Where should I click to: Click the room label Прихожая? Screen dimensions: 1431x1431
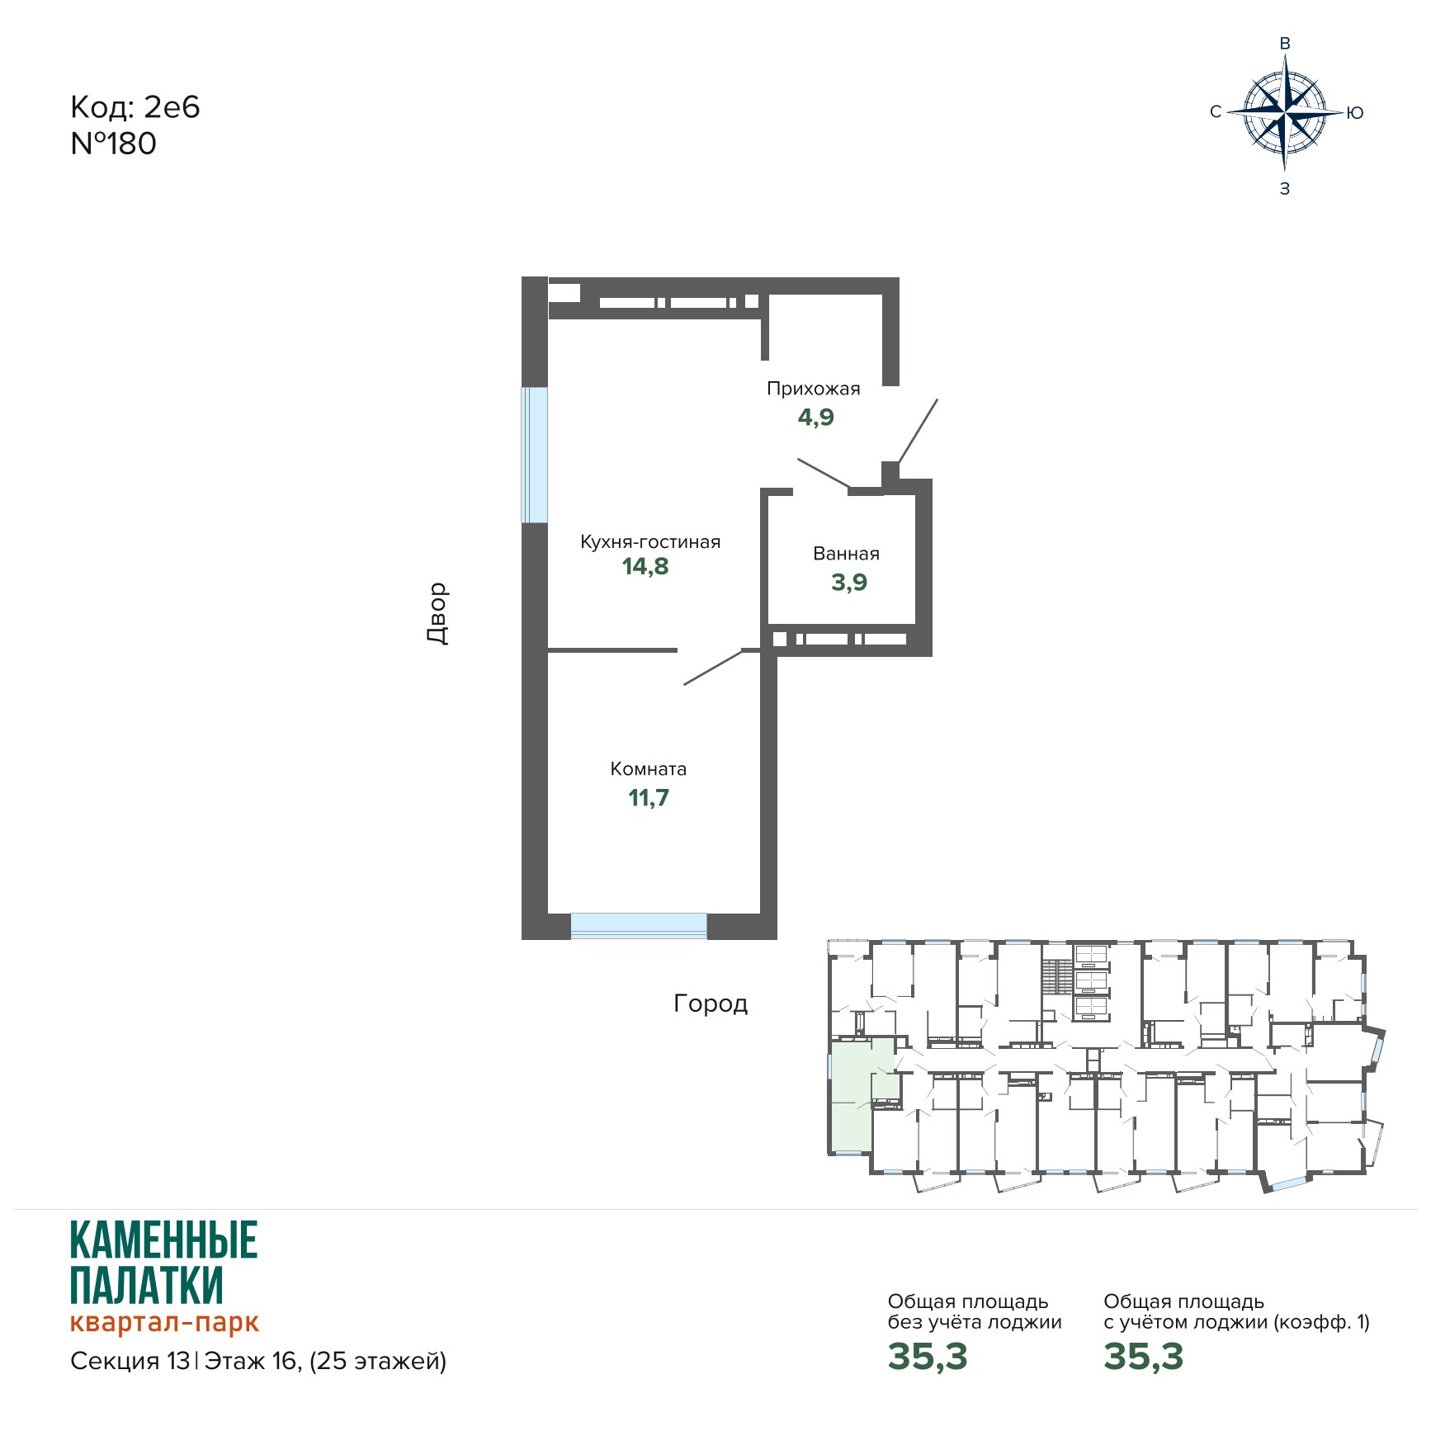(x=813, y=389)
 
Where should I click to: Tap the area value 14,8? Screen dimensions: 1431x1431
(x=645, y=567)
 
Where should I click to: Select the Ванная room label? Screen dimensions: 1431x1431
(x=846, y=554)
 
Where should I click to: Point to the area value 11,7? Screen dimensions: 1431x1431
(x=649, y=798)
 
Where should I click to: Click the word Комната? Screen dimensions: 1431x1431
(x=649, y=769)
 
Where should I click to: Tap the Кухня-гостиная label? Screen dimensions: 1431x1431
(x=650, y=542)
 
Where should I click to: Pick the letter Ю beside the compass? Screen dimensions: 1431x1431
(x=1354, y=113)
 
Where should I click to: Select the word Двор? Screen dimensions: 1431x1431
(x=437, y=613)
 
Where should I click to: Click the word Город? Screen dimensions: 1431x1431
(x=711, y=1004)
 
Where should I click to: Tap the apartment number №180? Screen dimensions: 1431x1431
(x=114, y=144)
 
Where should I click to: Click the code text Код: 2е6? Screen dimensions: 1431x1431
(x=135, y=107)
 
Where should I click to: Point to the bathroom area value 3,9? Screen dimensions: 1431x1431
(x=849, y=583)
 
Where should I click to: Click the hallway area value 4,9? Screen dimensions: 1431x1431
(x=816, y=418)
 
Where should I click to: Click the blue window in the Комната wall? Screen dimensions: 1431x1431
(x=639, y=926)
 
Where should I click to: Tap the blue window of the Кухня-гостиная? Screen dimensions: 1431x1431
(x=534, y=455)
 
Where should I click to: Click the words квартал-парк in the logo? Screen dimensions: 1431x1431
(x=165, y=1321)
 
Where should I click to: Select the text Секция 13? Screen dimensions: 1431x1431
(x=130, y=1361)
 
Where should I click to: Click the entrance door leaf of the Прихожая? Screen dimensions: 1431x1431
(x=918, y=432)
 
